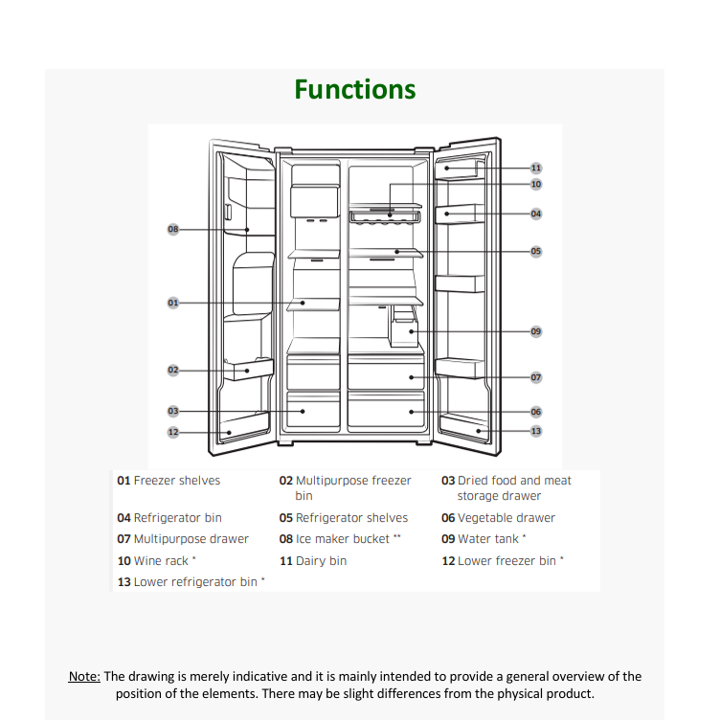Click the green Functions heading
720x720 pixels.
click(355, 90)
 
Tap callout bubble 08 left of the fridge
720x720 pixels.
click(173, 230)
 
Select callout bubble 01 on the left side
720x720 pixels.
click(173, 303)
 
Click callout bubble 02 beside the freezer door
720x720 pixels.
click(173, 370)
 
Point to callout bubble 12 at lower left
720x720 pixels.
click(173, 432)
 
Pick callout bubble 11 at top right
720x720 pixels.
click(536, 168)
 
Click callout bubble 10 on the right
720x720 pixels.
click(536, 184)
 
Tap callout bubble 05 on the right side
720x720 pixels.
click(536, 252)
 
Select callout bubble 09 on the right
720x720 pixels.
click(536, 331)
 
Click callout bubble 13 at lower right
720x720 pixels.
click(536, 431)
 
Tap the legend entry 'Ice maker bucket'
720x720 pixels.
click(342, 539)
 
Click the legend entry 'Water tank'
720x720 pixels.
click(488, 539)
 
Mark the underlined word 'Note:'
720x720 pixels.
click(84, 677)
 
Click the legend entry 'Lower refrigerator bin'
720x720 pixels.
click(195, 582)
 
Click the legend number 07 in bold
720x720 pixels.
click(124, 539)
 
